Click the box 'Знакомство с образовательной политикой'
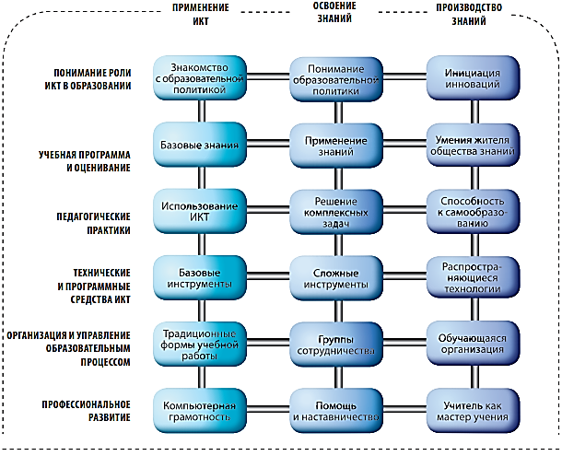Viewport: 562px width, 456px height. tap(200, 77)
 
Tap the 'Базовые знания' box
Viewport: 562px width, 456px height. tap(200, 145)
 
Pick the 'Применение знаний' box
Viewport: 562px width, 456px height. tap(335, 145)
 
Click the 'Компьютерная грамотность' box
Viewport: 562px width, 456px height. tap(200, 411)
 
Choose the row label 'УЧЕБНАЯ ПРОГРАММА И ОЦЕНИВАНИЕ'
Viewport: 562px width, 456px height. tap(85, 161)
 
